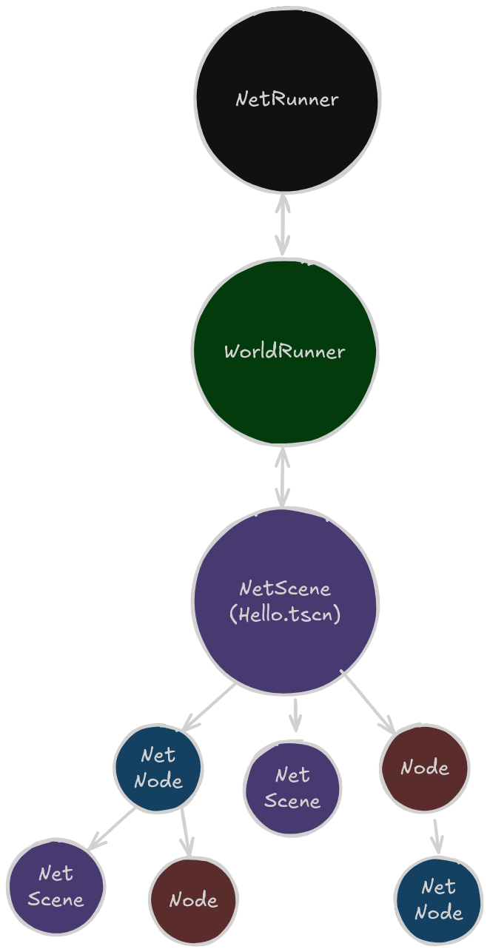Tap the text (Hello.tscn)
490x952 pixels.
coord(285,614)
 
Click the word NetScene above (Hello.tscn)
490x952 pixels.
coord(285,589)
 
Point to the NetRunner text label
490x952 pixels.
coord(287,99)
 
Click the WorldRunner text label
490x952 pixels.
coord(285,351)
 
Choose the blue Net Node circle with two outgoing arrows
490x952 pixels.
coord(158,768)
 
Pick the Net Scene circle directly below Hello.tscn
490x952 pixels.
coord(292,788)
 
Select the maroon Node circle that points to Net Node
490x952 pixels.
coord(425,768)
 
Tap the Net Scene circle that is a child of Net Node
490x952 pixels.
coord(56,886)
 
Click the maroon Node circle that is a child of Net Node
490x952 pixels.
coord(193,899)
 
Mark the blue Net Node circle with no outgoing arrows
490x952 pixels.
coord(438,899)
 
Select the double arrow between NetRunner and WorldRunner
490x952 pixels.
coord(283,224)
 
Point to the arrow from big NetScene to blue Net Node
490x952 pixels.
coord(209,707)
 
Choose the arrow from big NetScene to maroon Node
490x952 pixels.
coord(368,700)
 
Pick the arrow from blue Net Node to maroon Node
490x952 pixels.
coord(186,833)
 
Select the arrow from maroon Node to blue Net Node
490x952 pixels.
coord(437,836)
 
